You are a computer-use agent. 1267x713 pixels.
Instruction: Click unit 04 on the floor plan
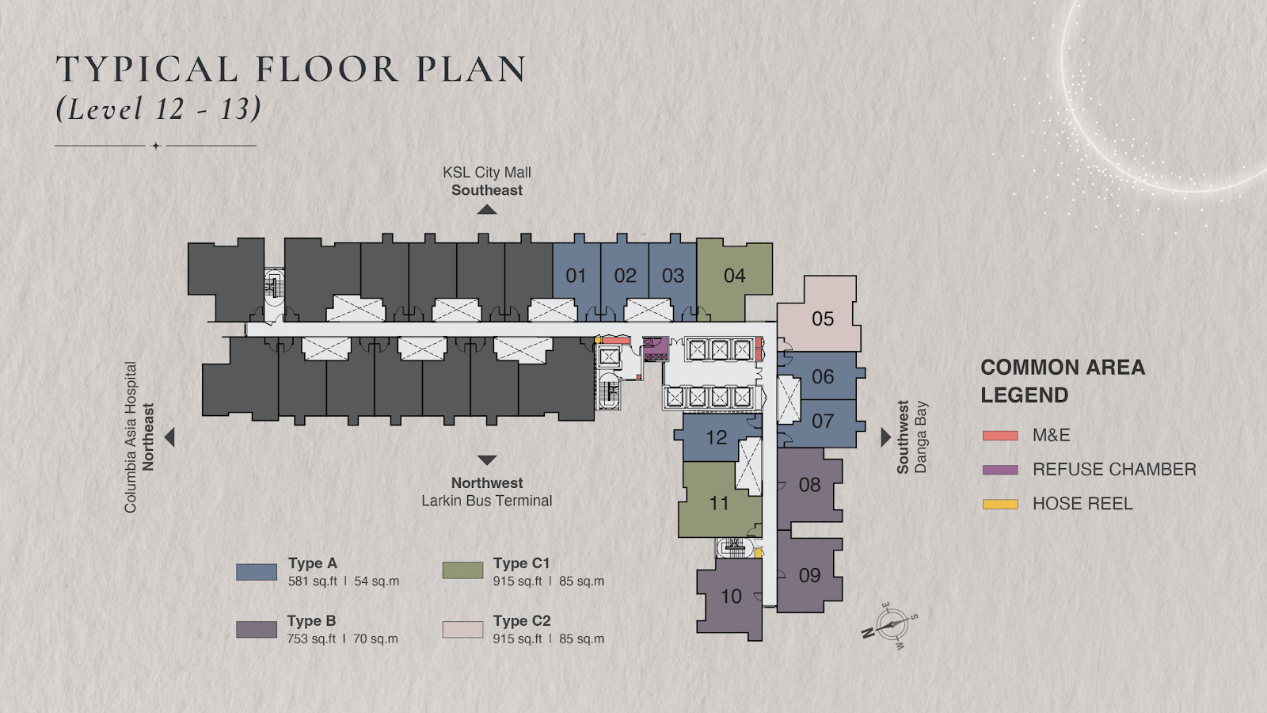click(x=734, y=277)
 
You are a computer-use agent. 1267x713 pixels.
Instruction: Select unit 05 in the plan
click(x=820, y=317)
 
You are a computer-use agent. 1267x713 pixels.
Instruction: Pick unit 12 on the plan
click(x=716, y=437)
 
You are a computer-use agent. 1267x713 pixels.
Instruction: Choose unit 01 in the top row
click(x=576, y=277)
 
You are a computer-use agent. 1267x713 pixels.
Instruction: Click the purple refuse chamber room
click(x=656, y=349)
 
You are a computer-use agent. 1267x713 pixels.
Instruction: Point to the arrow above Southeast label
click(x=486, y=210)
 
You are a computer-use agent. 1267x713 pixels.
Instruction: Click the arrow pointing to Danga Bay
click(x=886, y=437)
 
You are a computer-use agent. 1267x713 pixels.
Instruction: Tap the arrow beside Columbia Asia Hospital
click(x=169, y=437)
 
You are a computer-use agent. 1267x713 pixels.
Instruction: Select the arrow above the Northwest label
click(x=486, y=460)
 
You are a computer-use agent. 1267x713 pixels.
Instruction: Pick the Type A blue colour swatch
click(x=257, y=572)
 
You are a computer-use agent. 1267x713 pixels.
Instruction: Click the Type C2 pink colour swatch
click(x=462, y=629)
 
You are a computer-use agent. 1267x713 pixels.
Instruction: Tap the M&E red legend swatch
click(x=1000, y=436)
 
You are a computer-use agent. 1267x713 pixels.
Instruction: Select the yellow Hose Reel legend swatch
click(x=1000, y=504)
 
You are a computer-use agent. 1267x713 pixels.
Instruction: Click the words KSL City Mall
click(x=486, y=173)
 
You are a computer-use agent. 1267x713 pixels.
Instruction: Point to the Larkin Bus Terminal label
click(x=486, y=501)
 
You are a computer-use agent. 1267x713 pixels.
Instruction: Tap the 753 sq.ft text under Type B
click(x=312, y=639)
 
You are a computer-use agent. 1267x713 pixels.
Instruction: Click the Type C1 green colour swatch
click(x=462, y=570)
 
